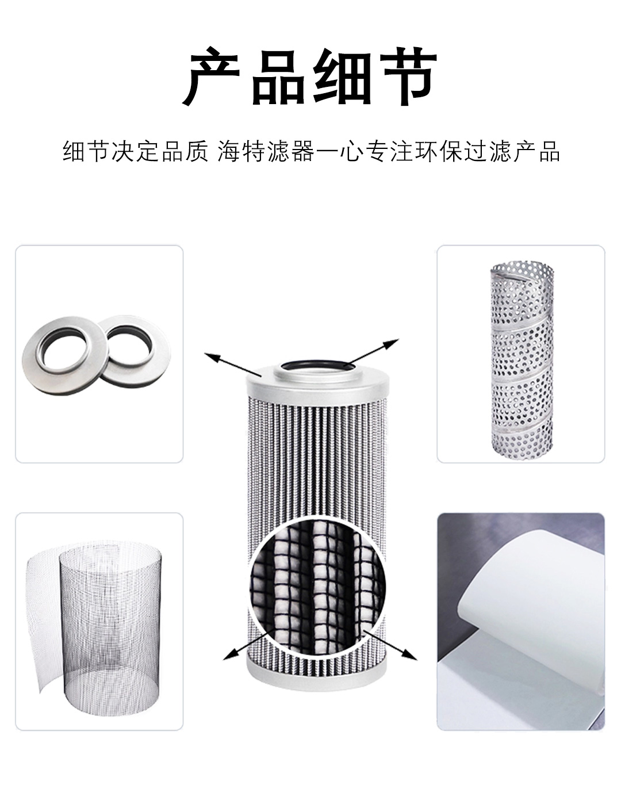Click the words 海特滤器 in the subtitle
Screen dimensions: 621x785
[266, 151]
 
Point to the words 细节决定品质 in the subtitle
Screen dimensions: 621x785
[135, 151]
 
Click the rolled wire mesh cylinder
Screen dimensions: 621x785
[94, 627]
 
